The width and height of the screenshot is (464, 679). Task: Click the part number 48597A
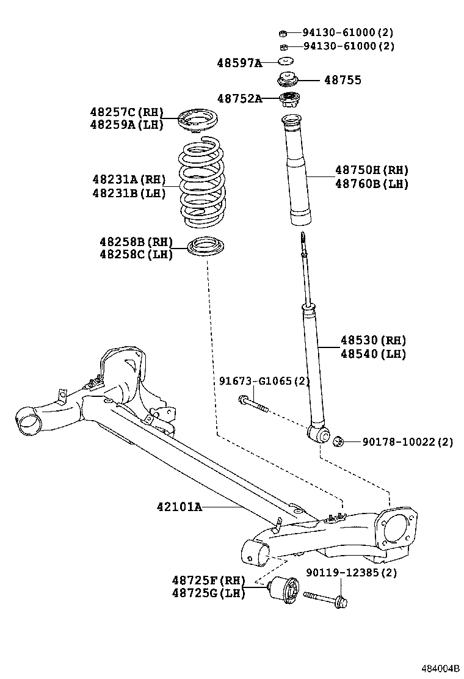coord(239,62)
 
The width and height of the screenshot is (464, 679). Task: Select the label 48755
coord(343,80)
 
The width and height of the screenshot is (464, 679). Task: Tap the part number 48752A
coord(239,99)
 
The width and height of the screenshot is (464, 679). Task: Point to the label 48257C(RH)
coord(127,112)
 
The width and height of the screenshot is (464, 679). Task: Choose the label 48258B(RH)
coord(136,242)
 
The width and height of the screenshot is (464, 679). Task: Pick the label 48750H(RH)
coord(371,170)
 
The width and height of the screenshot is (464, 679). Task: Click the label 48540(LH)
coord(373,354)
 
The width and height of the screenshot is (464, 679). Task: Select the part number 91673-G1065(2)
coord(264,382)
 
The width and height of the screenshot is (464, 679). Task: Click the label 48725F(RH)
coord(208,580)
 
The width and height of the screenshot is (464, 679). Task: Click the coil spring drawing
coord(202,183)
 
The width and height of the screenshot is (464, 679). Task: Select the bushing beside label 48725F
coord(284,590)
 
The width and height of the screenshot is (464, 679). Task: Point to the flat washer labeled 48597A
coord(285,62)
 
